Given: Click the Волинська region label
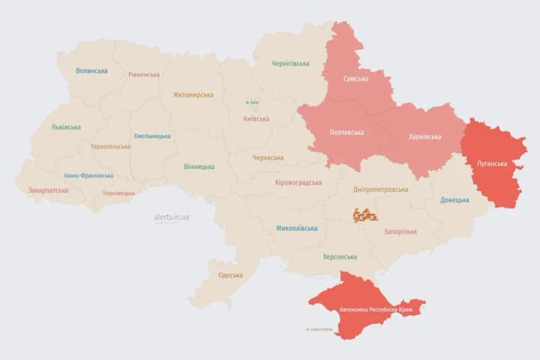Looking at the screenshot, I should click(x=91, y=71).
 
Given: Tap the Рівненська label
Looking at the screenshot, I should click(x=144, y=75).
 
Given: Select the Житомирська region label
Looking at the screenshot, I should click(x=193, y=95).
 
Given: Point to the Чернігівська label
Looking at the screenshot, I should click(x=290, y=64).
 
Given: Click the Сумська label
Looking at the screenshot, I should click(x=355, y=79).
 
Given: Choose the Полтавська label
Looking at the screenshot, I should click(x=346, y=133).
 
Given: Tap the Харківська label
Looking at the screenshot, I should click(x=424, y=136).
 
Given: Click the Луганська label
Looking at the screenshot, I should click(x=492, y=163).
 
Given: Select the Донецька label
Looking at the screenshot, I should click(x=454, y=200).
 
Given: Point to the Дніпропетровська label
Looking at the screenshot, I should click(x=382, y=190).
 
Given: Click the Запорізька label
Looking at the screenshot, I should click(x=400, y=232).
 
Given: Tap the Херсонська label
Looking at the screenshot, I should click(x=340, y=256).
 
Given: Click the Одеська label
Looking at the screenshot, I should click(x=230, y=275).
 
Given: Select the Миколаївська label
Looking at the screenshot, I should click(x=295, y=228).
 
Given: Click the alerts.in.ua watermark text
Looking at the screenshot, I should click(x=172, y=217).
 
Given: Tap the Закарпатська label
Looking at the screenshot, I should click(x=49, y=190).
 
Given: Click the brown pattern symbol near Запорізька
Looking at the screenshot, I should click(x=365, y=215).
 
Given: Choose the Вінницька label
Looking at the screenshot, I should click(x=199, y=166).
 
